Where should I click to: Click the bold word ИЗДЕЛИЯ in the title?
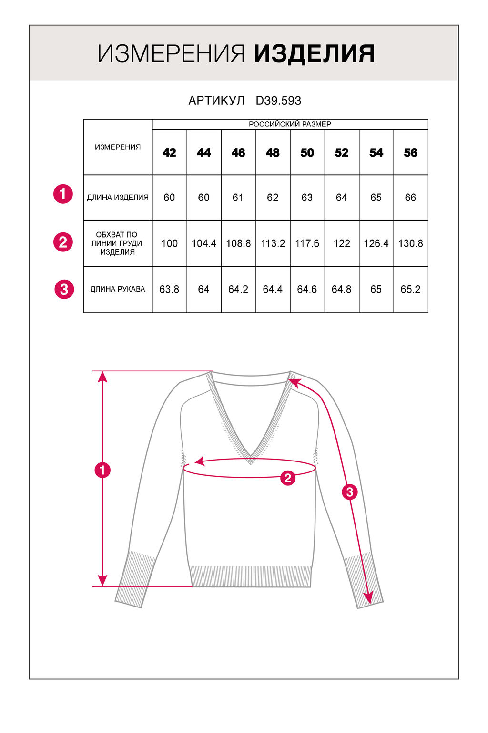coord(314,53)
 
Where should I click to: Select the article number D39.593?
coord(278,101)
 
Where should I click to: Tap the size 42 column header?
coord(169,153)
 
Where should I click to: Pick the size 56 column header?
coord(410,153)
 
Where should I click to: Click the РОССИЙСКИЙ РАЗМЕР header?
coord(290,124)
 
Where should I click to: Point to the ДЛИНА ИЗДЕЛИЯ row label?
coord(118,198)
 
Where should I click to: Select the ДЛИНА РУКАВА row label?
coord(118,289)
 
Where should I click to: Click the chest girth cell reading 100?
coord(169,243)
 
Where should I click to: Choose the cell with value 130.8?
coord(410,243)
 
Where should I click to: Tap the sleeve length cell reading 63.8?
coord(169,289)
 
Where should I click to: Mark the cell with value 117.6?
coord(307,243)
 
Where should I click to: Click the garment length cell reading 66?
coord(410,198)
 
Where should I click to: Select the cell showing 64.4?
coord(273,289)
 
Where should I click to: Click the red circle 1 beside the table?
coord(63,194)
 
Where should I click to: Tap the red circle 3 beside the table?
coord(64,289)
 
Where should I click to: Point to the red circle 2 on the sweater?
coord(287,478)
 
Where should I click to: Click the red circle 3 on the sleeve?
coord(350,492)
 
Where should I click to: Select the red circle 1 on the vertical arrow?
coord(102,470)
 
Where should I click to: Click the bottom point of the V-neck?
coord(251,461)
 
